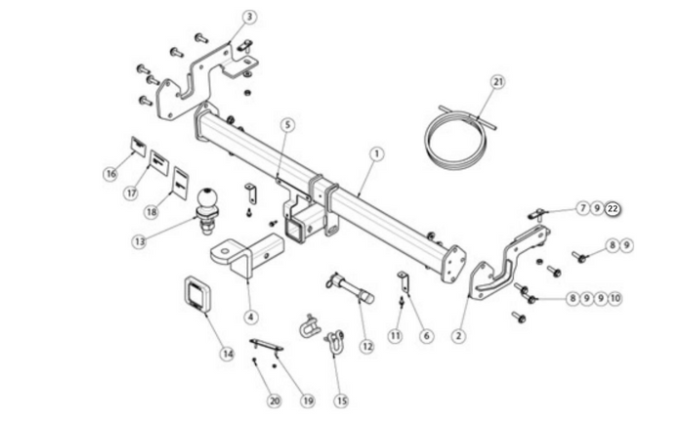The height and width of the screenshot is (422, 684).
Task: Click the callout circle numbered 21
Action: [x=498, y=82]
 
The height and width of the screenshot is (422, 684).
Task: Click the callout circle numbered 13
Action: [x=139, y=241]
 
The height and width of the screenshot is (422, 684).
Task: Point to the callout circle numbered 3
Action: [x=249, y=17]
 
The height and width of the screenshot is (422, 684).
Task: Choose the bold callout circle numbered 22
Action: [x=613, y=209]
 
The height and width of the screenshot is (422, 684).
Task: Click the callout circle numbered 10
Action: [x=615, y=299]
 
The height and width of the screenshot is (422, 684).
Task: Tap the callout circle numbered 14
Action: [x=228, y=354]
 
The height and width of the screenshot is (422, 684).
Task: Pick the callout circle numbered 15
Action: [x=341, y=401]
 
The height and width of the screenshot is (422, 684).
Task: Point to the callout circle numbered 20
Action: [x=274, y=401]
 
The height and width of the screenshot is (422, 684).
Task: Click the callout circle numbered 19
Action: [x=308, y=401]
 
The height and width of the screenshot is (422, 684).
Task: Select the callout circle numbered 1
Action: [x=377, y=154]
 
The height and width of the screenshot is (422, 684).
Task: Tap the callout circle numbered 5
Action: [x=287, y=125]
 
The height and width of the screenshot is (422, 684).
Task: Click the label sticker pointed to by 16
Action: [x=139, y=147]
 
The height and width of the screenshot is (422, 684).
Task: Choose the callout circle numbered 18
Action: [x=151, y=212]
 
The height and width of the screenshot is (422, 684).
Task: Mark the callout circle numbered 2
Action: [x=458, y=336]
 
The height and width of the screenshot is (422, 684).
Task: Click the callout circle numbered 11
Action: [x=395, y=336]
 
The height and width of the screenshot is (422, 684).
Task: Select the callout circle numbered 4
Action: [x=250, y=317]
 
